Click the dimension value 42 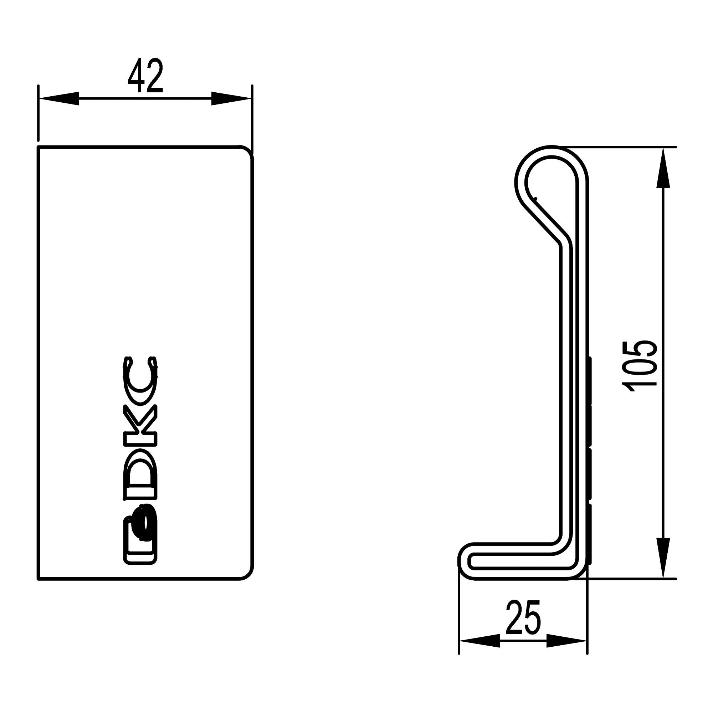[145, 76]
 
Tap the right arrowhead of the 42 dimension [231, 98]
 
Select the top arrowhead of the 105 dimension [663, 168]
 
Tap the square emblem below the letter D [140, 539]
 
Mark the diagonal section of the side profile [544, 221]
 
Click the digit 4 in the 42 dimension [135, 76]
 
